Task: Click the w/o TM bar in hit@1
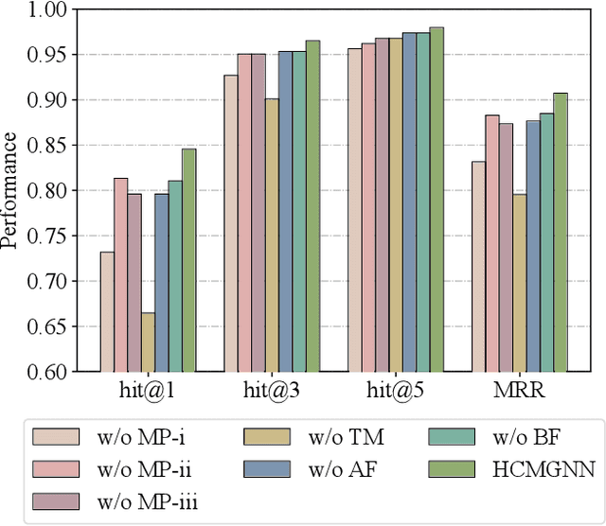[148, 342]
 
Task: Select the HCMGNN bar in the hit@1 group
[189, 260]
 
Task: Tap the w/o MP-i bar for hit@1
[107, 311]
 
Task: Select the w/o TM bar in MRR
[519, 283]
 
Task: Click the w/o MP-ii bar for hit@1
[120, 274]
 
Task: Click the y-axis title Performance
[10, 190]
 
